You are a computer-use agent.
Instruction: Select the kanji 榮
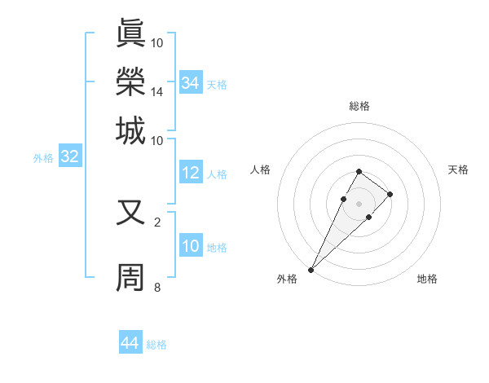click(x=131, y=81)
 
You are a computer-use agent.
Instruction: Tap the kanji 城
click(x=131, y=130)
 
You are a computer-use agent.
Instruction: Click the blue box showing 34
click(x=191, y=83)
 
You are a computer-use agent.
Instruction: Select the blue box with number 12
click(x=191, y=174)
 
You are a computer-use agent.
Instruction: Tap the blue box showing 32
click(x=70, y=157)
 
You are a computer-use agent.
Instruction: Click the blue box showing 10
click(x=191, y=247)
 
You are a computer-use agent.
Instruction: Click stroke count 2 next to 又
click(x=157, y=222)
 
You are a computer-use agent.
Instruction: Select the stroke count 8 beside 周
click(x=157, y=287)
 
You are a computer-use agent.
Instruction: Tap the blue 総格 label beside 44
click(x=156, y=345)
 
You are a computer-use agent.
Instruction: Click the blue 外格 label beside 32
click(x=43, y=158)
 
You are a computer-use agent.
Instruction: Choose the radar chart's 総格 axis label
click(x=359, y=106)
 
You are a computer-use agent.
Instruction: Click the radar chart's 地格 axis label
click(x=427, y=280)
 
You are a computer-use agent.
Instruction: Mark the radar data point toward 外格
click(x=311, y=269)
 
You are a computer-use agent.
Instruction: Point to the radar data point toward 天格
click(x=390, y=194)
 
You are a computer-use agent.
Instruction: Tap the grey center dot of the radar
click(x=359, y=203)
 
